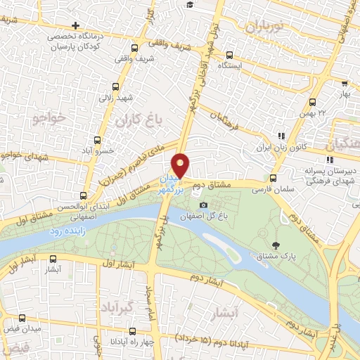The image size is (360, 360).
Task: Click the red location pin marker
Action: [181, 166]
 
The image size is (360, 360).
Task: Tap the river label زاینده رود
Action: [70, 230]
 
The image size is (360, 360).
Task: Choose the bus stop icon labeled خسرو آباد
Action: [98, 139]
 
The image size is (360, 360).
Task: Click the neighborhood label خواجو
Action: [48, 119]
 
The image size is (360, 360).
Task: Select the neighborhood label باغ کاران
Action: [148, 120]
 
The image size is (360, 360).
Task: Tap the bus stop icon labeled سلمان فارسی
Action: [274, 179]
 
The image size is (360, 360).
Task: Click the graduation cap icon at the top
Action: [190, 5]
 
